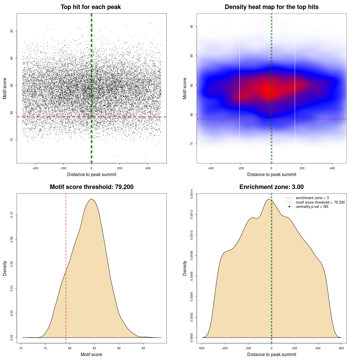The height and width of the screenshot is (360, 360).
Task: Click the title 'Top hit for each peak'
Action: pos(91,7)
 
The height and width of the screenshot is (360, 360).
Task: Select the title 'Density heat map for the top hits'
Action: pos(271,7)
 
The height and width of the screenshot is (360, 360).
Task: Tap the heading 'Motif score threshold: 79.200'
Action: pos(91,187)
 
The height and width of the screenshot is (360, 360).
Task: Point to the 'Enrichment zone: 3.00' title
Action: pos(271,187)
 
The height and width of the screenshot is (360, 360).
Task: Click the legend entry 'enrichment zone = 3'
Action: pos(312,198)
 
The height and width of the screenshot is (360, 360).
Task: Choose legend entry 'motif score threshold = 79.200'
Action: pos(320,202)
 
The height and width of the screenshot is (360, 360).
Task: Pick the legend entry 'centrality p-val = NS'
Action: pos(312,207)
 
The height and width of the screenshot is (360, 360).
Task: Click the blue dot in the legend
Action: pos(289,207)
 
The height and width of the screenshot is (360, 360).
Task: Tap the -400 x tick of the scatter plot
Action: pos(35,168)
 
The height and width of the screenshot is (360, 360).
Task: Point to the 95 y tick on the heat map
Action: pos(192,26)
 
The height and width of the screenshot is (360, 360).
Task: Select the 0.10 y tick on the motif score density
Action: pos(12,215)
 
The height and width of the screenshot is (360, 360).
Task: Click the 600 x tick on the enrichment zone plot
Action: pos(341,348)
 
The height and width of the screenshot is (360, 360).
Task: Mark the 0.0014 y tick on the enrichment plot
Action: pos(192,194)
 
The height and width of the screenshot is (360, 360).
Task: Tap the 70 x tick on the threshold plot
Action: pos(21,348)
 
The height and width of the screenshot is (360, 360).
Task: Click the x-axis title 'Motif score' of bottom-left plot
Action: pos(91,354)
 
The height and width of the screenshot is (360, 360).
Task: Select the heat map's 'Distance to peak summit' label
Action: pos(271,174)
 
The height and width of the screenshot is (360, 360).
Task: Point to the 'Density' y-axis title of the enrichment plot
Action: pos(185,268)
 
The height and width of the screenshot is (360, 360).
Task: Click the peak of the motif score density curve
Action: pos(91,199)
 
